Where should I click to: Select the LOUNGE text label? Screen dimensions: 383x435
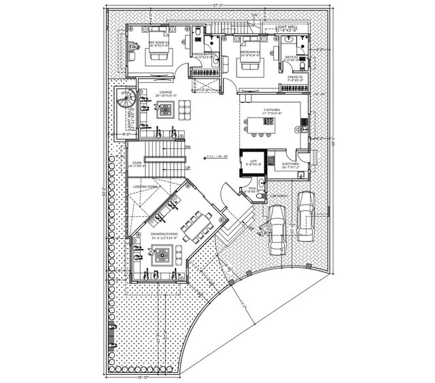[x=164, y=91]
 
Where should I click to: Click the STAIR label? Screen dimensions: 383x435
[x=137, y=163]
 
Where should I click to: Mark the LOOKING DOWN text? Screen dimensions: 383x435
[x=146, y=186]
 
